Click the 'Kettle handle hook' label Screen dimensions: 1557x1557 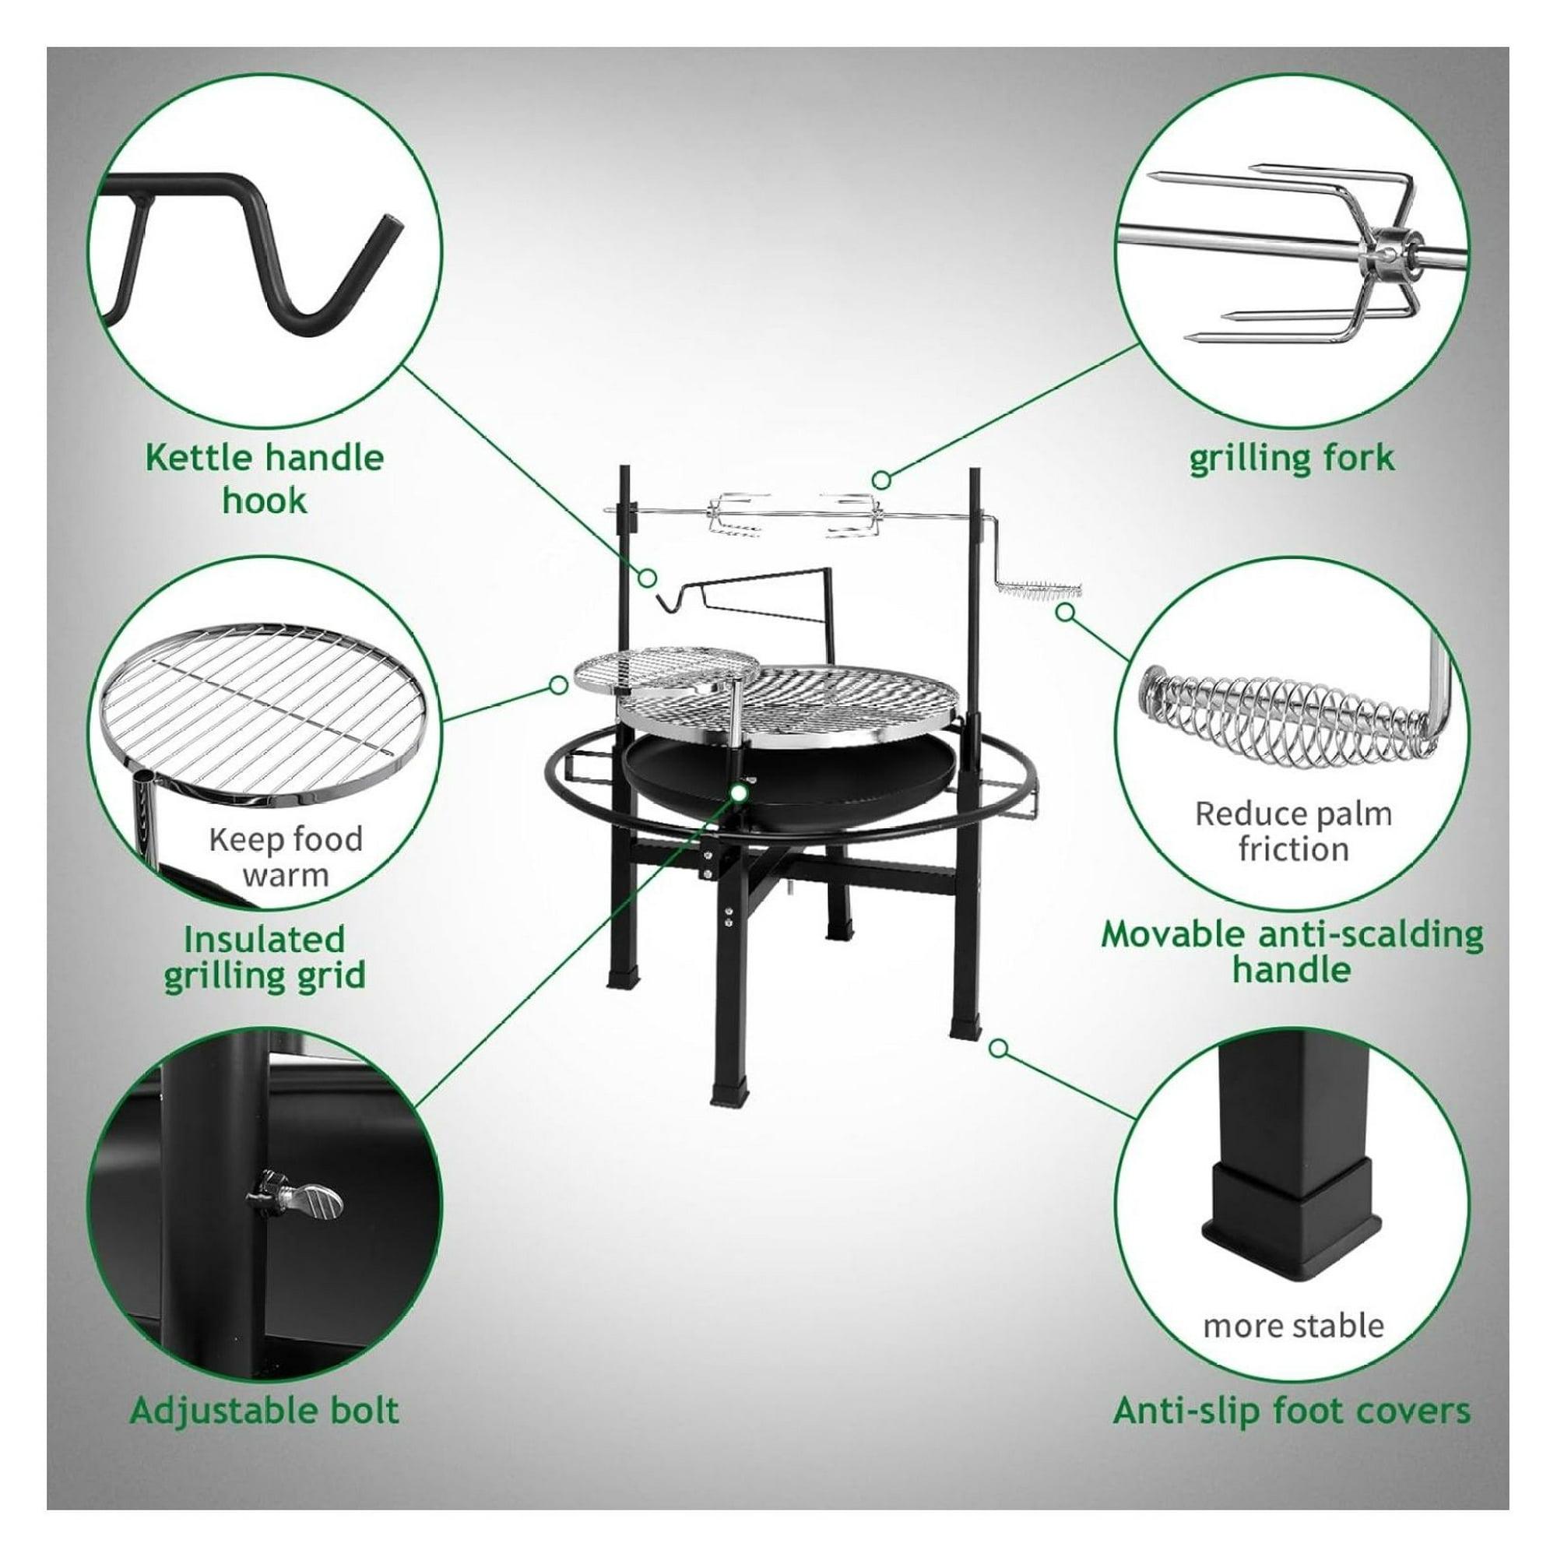click(x=265, y=479)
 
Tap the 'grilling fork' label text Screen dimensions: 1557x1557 click(x=1292, y=458)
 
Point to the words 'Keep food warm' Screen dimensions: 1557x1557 click(x=285, y=856)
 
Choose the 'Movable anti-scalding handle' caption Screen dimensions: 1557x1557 click(x=1292, y=952)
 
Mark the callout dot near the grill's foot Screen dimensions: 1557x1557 click(x=999, y=1048)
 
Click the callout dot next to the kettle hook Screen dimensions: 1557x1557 click(x=645, y=577)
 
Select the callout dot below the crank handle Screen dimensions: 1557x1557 click(x=1066, y=612)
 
